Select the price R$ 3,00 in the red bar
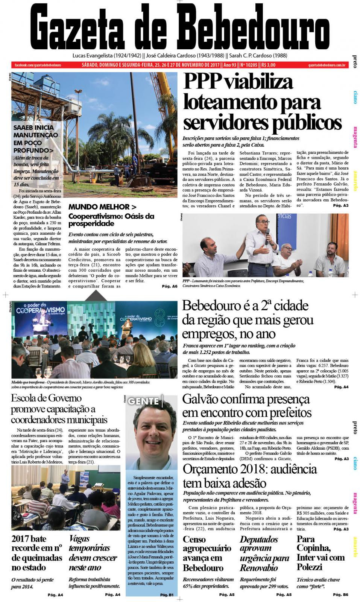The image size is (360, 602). point(269,65)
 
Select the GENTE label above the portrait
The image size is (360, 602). point(143,401)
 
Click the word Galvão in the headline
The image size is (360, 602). point(203,400)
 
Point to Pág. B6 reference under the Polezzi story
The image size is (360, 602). point(340,594)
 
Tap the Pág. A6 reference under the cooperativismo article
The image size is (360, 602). point(169,286)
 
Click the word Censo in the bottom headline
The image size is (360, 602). point(194,540)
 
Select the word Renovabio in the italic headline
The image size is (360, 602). point(259,568)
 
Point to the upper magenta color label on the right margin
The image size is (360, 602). point(355,137)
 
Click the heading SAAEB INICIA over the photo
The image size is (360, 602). point(34,128)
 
